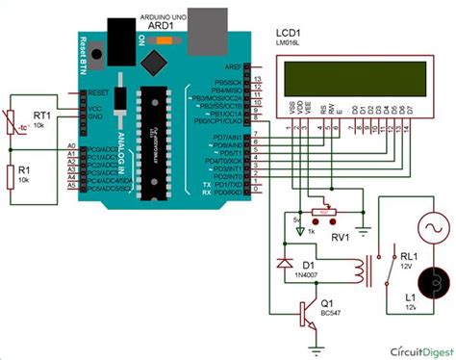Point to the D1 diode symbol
pos(282,261)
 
